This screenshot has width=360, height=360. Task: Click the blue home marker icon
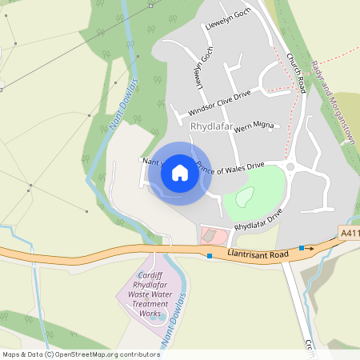[179, 173]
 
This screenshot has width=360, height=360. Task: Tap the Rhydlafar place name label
[210, 126]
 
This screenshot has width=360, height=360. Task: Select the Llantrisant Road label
[257, 254]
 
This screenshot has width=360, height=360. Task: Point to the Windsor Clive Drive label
[219, 102]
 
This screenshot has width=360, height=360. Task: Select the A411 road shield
[348, 233]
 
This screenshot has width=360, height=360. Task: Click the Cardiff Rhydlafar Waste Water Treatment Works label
[150, 294]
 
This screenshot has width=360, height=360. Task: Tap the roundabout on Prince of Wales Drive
[290, 167]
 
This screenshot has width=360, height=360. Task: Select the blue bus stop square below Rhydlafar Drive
[210, 255]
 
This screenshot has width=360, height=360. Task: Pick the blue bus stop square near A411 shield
[302, 248]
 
